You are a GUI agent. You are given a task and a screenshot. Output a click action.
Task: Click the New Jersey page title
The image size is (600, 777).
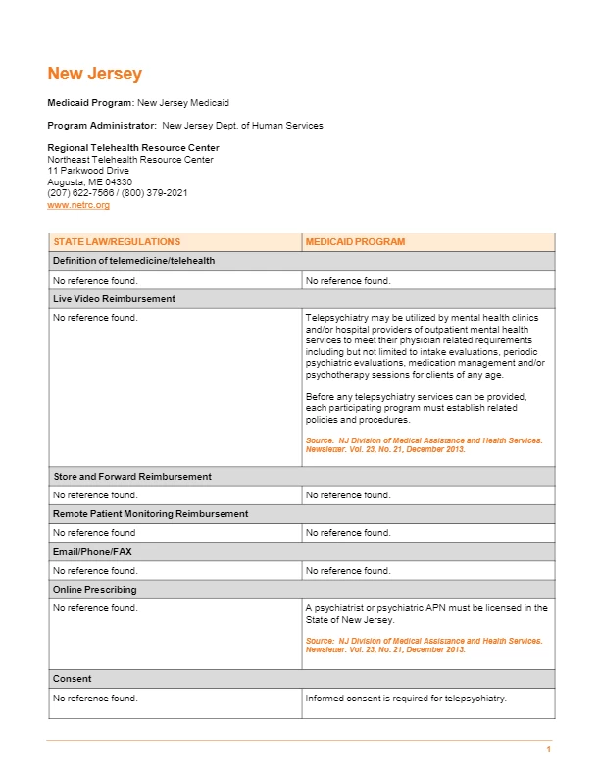click(x=95, y=74)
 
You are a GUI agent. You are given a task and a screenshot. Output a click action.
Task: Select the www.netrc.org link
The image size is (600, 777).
click(x=78, y=205)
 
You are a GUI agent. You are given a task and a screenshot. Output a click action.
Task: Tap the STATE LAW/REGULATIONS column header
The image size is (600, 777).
click(x=117, y=241)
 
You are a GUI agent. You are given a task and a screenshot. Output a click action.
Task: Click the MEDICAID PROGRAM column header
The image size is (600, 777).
click(x=355, y=241)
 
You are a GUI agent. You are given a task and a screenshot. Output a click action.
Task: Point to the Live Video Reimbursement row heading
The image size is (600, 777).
click(x=114, y=298)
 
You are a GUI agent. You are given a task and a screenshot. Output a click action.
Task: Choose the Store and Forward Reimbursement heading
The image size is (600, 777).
click(x=132, y=477)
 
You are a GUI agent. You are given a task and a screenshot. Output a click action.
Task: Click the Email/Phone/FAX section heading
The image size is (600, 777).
click(x=92, y=552)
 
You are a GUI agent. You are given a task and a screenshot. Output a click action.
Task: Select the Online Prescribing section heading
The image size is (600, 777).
click(x=95, y=590)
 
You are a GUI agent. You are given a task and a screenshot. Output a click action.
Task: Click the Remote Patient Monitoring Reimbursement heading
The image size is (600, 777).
click(x=151, y=514)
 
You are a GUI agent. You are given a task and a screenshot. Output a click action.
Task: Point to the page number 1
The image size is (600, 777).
click(x=549, y=750)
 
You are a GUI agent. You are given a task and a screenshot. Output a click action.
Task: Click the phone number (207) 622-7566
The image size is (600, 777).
click(x=81, y=193)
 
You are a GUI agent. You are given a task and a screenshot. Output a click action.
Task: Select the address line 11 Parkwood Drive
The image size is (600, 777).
click(x=88, y=171)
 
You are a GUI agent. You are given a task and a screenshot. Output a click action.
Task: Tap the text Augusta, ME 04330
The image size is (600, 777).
click(x=90, y=182)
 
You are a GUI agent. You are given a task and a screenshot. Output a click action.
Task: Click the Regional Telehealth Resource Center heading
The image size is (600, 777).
click(x=133, y=148)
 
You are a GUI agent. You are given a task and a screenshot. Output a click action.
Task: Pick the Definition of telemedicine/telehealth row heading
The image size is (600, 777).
click(x=133, y=261)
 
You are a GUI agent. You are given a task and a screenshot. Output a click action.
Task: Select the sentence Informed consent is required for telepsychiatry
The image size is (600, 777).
click(x=405, y=699)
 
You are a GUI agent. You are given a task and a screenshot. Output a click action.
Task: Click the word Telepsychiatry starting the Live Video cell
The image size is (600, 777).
click(x=332, y=318)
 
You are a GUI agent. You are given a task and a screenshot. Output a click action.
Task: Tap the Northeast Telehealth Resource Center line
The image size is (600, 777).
click(x=130, y=160)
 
